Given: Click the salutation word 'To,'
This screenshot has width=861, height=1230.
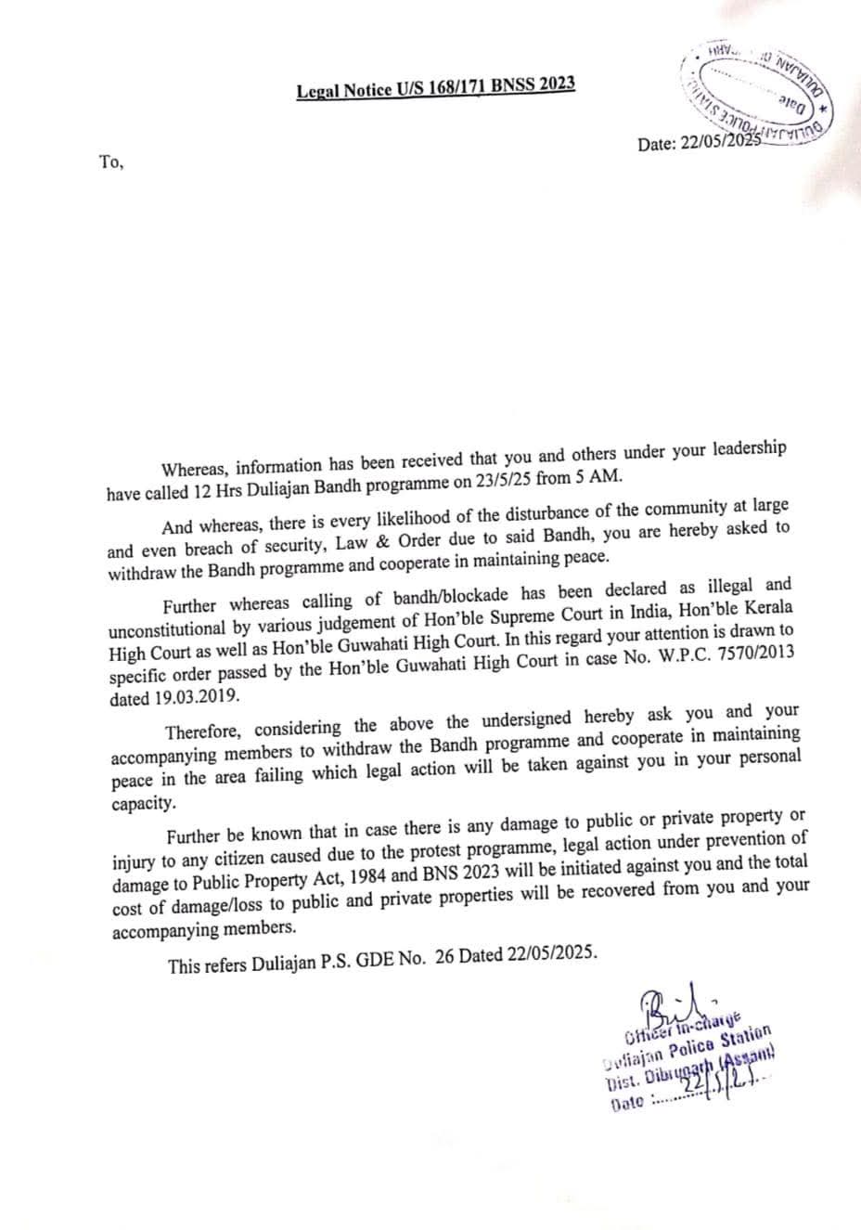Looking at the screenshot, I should tap(110, 162).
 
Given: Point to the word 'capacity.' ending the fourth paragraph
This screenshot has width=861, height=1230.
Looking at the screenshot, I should tap(143, 803).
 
